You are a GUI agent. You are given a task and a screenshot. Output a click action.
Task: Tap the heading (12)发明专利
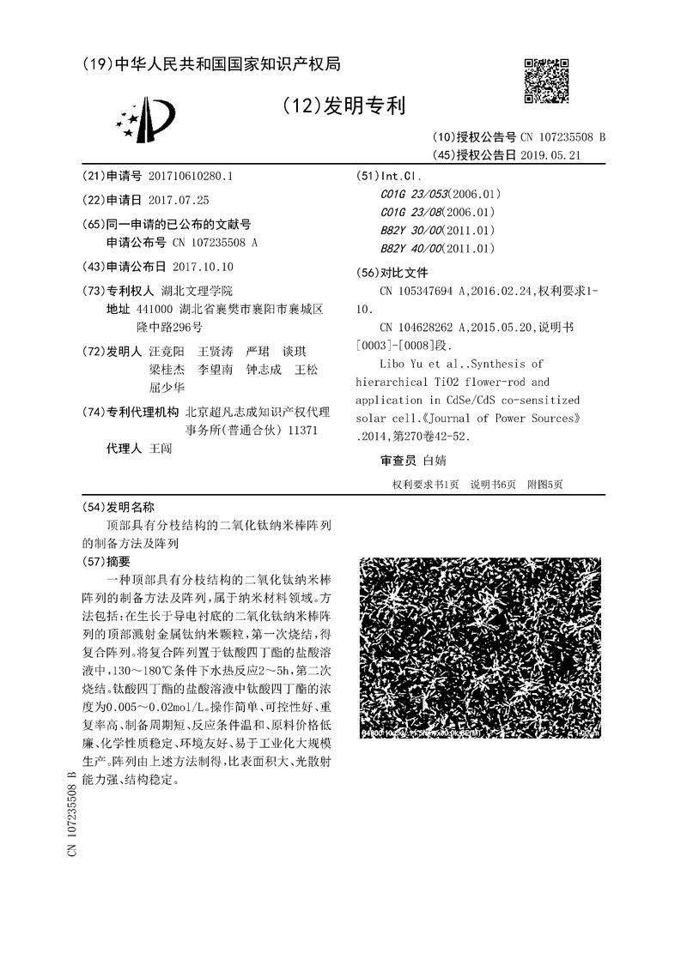point(343,106)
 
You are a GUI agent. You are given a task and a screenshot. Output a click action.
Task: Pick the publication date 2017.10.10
point(204,267)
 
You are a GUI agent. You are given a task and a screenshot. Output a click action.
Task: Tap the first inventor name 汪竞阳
point(166,352)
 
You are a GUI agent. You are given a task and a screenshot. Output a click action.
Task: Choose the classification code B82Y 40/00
point(412,249)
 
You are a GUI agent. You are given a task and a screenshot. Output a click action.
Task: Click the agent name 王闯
point(161,449)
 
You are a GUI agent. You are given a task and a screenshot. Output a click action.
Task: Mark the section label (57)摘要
point(106,562)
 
